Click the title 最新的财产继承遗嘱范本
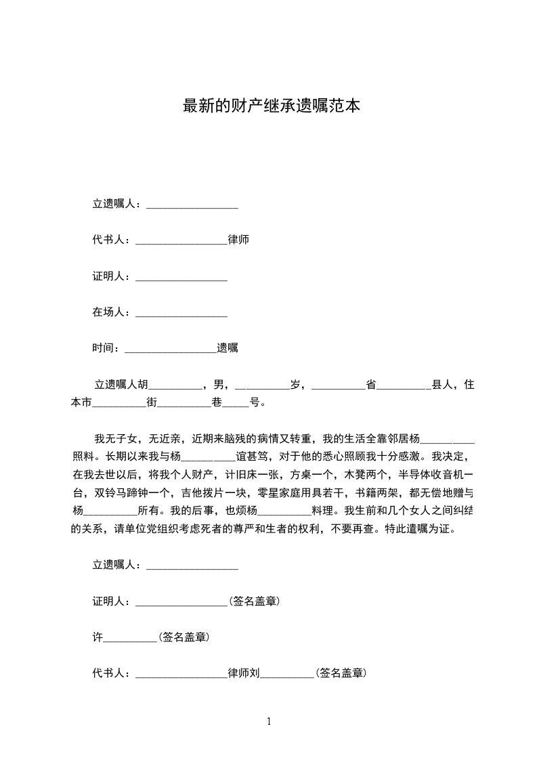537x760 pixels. pos(271,106)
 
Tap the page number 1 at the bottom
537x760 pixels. pos(269,721)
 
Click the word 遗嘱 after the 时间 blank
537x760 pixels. pos(227,348)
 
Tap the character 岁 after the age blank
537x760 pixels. pos(295,385)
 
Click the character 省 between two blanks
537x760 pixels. pos(371,385)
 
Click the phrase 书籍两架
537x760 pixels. pos(372,492)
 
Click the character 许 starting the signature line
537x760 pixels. pos(97,637)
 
